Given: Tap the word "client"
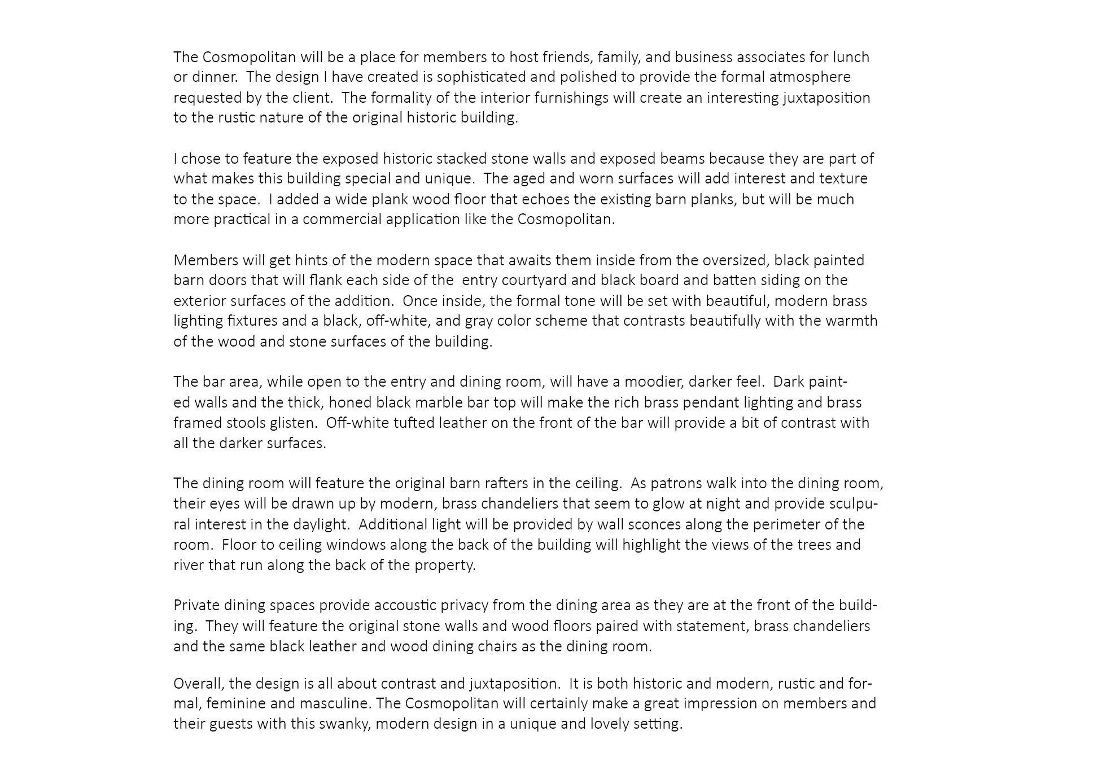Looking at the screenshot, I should pyautogui.click(x=311, y=98).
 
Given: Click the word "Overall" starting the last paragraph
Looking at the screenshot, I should pyautogui.click(x=199, y=684).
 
